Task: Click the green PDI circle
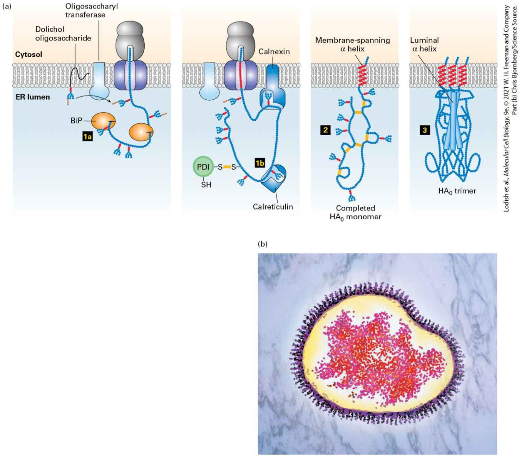pos(203,167)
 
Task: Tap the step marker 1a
pos(87,136)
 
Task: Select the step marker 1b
pos(259,163)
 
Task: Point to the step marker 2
pos(325,130)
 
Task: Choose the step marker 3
pos(425,130)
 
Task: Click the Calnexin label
pos(274,52)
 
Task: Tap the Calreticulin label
pos(273,207)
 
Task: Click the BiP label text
pos(76,121)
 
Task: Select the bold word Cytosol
pos(29,54)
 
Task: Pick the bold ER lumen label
pos(32,97)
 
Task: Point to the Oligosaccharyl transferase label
pos(92,10)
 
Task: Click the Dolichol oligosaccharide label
pos(63,34)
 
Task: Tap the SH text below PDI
pos(206,185)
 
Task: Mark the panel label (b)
pos(262,244)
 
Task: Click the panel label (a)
pos(7,7)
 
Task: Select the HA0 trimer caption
pos(457,191)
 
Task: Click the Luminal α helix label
pos(424,44)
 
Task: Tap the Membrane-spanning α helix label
pos(353,44)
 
